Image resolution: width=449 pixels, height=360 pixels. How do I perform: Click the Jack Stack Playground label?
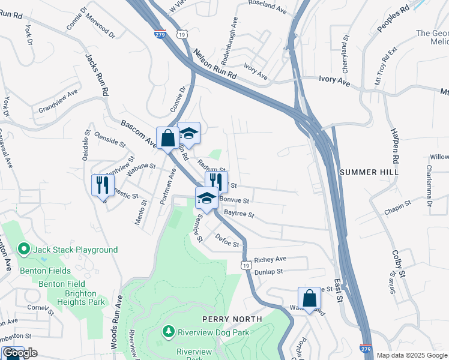[x=75, y=249]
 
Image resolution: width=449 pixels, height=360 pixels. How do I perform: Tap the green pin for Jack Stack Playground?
[x=24, y=249]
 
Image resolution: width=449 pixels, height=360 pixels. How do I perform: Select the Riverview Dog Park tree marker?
[x=169, y=331]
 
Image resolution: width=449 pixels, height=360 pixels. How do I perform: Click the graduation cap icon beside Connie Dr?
[x=188, y=133]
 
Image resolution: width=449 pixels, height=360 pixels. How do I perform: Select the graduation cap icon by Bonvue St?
[x=206, y=197]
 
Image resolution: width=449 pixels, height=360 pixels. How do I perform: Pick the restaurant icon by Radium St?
[x=216, y=181]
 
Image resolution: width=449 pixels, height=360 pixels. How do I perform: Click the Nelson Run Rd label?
[x=215, y=66]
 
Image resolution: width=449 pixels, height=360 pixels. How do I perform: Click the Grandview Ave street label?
[x=58, y=101]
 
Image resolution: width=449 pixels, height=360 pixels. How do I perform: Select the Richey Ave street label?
[x=270, y=259]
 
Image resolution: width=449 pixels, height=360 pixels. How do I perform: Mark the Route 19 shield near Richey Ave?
[x=246, y=264]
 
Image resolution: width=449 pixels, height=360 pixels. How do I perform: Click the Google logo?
[x=20, y=353]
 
